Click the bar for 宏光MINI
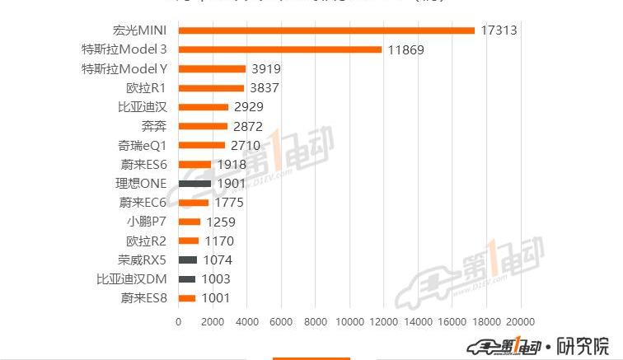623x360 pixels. (326, 30)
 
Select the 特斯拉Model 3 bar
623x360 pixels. (280, 49)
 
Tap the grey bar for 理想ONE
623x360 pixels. (194, 183)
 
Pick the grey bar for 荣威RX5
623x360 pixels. (188, 259)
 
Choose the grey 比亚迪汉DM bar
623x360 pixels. (187, 279)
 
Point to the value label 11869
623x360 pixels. (406, 49)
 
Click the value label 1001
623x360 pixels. (216, 298)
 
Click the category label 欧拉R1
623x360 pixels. (147, 88)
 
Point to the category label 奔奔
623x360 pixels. (154, 126)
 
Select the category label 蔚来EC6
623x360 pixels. (143, 203)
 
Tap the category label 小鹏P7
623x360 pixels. (147, 222)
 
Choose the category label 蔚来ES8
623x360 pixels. (143, 298)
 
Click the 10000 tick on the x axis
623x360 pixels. (350, 321)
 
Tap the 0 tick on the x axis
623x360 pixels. (179, 321)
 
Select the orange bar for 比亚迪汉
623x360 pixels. (204, 107)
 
